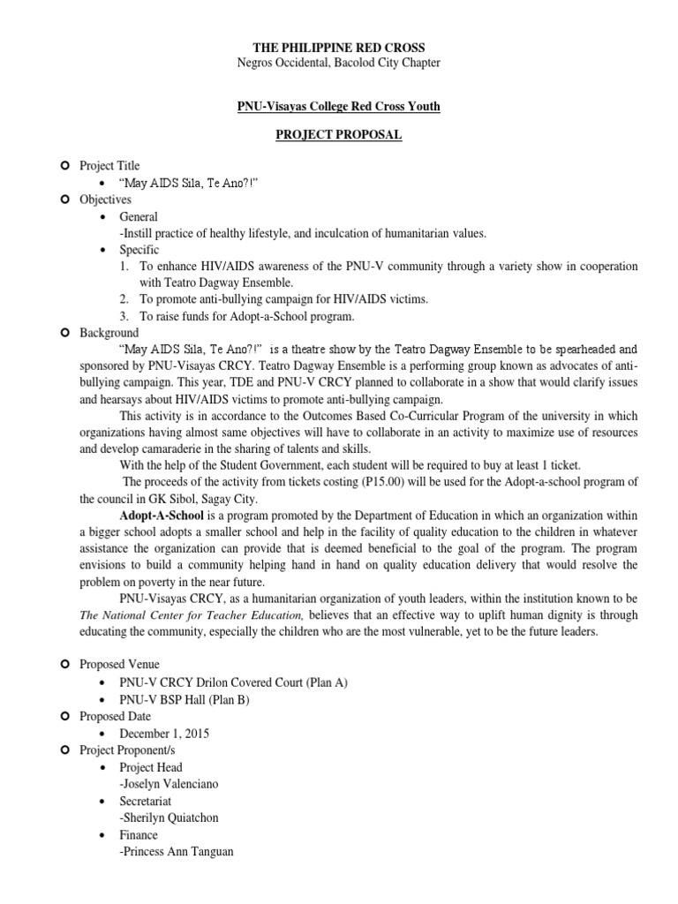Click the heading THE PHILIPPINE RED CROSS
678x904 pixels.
338,47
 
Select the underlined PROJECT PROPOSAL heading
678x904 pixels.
338,135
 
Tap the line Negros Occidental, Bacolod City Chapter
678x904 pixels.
338,63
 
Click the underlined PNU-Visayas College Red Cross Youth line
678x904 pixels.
338,106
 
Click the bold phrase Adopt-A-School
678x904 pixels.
161,512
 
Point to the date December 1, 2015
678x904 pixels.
165,734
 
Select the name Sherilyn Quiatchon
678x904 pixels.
179,817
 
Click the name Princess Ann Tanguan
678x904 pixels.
184,851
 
